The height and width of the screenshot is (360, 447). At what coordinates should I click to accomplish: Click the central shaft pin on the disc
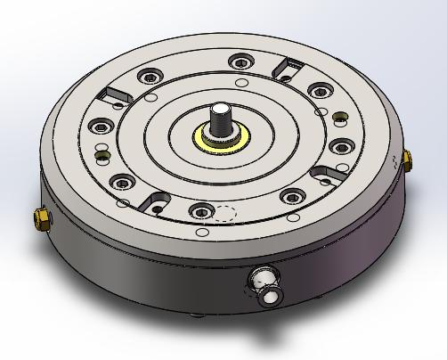[x=219, y=117]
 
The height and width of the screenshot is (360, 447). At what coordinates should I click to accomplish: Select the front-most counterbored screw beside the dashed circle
[x=198, y=210]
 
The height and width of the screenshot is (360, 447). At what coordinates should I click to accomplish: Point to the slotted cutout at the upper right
[x=289, y=65]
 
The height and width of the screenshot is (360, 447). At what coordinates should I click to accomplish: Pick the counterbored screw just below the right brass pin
[x=338, y=146]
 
